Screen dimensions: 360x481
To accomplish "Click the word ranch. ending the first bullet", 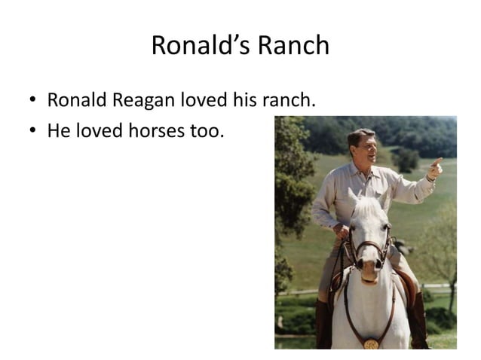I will (288, 100).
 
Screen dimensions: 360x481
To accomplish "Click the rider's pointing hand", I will (435, 165).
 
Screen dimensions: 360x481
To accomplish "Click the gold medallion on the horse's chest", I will (371, 343).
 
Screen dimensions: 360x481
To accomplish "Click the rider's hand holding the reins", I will (342, 232).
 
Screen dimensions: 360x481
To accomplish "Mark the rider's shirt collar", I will (363, 170).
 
